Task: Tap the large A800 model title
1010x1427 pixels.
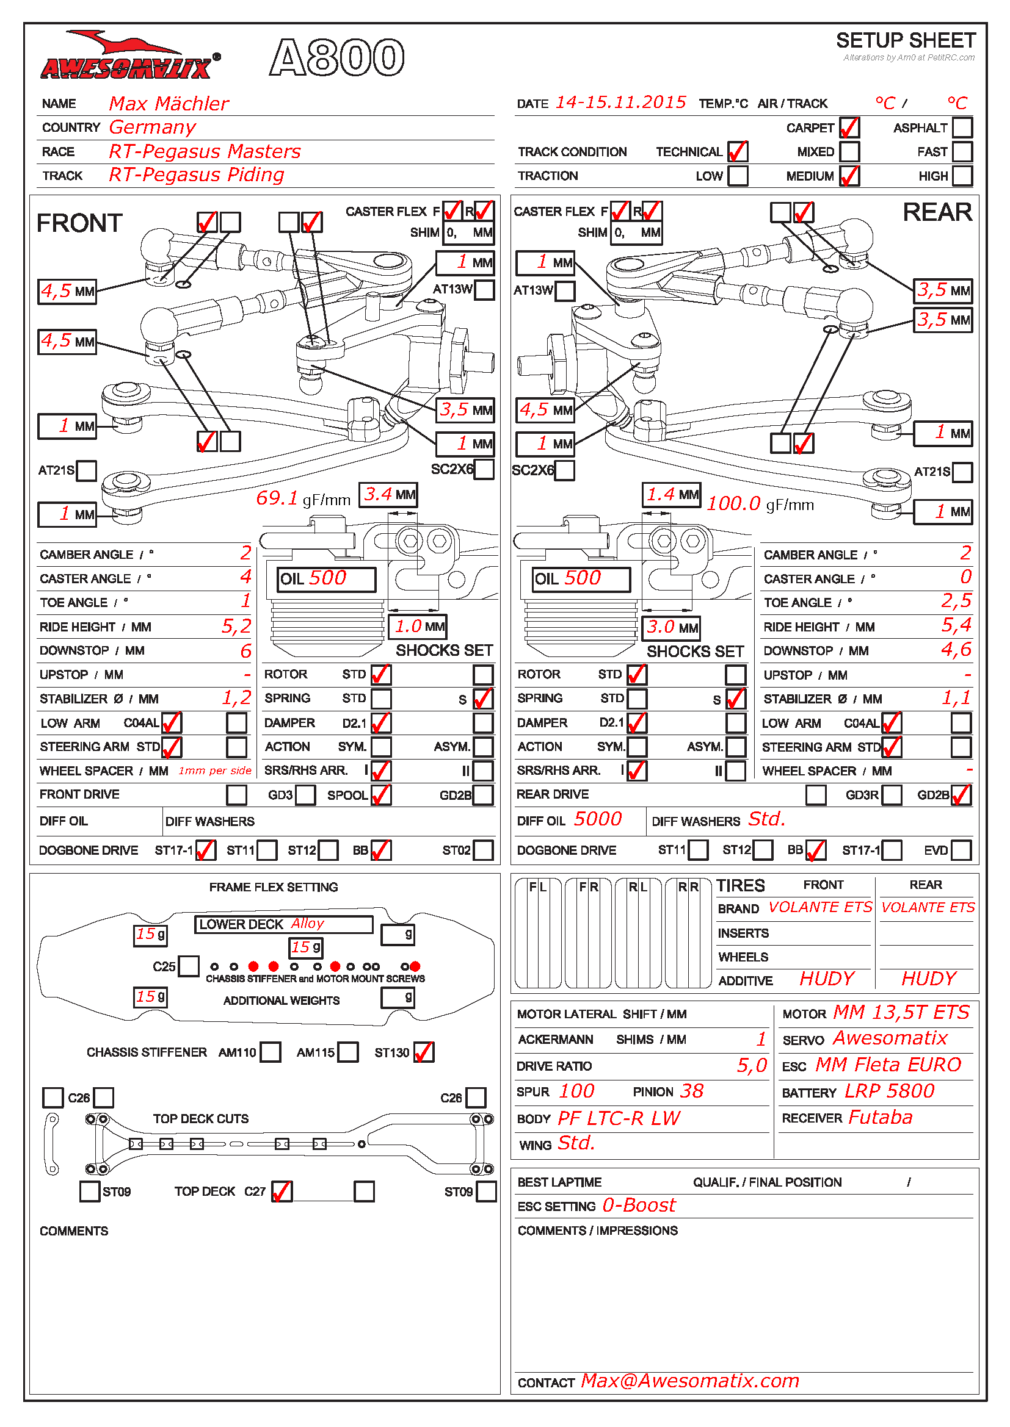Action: (336, 58)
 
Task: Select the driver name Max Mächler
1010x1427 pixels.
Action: (169, 104)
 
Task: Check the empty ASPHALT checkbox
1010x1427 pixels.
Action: (962, 128)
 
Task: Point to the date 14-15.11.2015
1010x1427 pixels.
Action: (620, 102)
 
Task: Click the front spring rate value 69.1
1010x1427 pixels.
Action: (277, 498)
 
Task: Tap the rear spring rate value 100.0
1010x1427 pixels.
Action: (733, 503)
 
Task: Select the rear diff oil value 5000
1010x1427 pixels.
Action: (597, 819)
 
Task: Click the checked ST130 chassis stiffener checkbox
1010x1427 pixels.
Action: (424, 1052)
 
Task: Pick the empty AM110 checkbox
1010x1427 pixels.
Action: (270, 1052)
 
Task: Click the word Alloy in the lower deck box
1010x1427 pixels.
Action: (307, 924)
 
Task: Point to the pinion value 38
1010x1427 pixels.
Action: (691, 1091)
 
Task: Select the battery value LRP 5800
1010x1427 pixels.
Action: (888, 1091)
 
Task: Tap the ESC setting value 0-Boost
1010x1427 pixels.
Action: (639, 1206)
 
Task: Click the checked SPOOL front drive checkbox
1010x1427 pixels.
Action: (380, 795)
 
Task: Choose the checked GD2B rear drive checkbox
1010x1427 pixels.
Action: (961, 795)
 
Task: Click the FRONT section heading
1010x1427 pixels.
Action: (79, 223)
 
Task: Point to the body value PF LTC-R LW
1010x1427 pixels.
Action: (618, 1119)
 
